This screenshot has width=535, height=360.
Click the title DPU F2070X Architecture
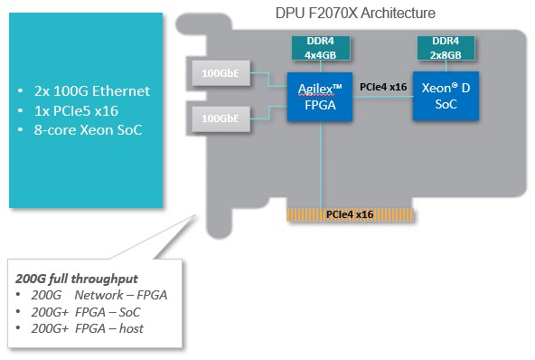[355, 14]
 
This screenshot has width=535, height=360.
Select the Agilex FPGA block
[319, 96]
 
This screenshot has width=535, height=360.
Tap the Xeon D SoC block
[446, 96]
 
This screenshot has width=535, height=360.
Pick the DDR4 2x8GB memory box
[445, 48]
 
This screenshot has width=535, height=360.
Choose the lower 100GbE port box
[221, 118]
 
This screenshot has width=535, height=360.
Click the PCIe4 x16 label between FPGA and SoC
[382, 88]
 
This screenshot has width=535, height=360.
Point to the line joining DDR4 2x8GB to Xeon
[446, 65]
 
